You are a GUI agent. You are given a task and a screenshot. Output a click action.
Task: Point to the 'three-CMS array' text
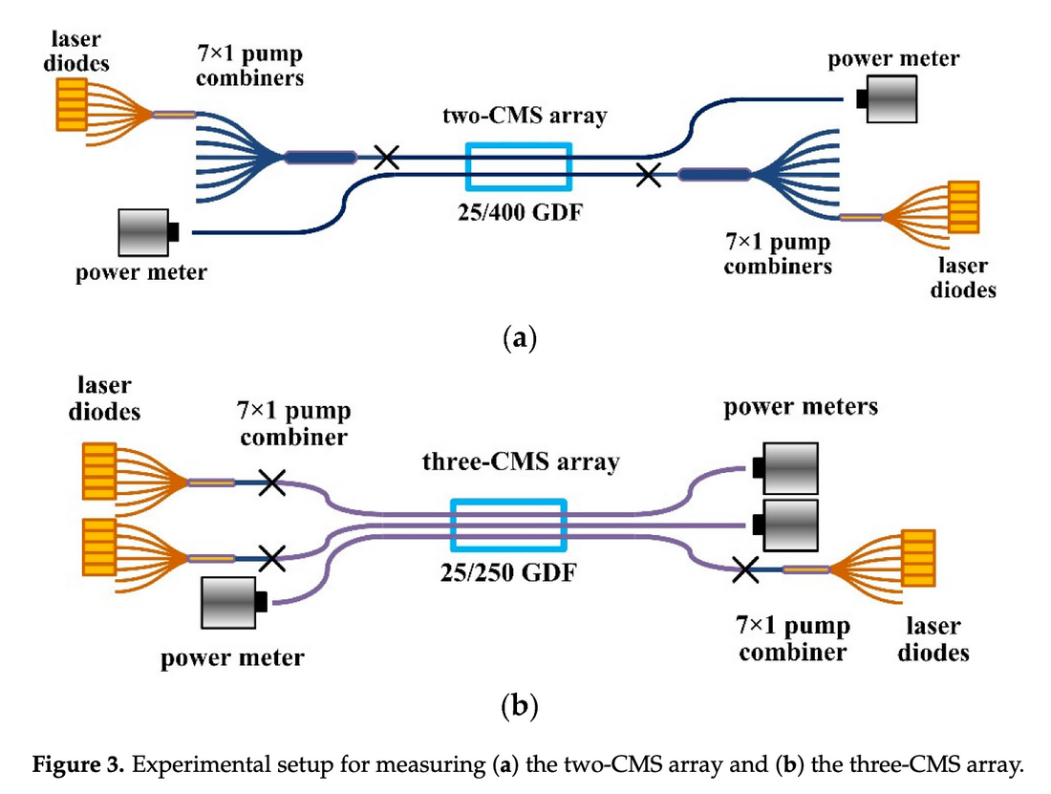(521, 463)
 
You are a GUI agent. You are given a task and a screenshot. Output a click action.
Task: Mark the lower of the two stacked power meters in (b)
(787, 523)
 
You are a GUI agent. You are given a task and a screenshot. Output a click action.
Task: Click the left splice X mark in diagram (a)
(386, 157)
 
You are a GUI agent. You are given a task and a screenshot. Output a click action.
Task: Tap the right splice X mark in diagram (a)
(648, 174)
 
